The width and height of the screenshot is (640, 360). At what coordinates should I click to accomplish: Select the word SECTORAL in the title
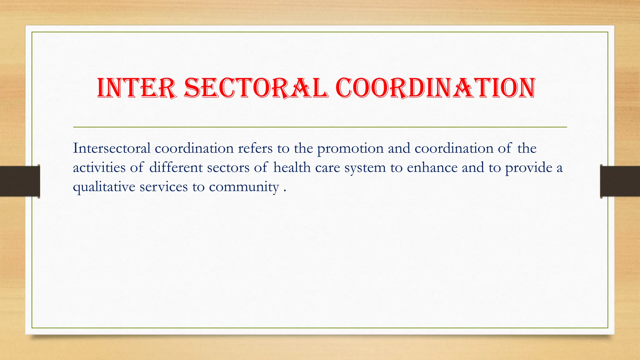[x=256, y=88]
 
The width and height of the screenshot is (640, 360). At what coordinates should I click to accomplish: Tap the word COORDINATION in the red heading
[x=436, y=88]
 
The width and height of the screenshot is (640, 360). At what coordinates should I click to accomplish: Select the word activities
[x=99, y=167]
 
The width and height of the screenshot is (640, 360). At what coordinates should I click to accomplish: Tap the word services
[x=164, y=187]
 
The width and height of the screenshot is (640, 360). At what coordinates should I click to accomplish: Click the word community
[x=244, y=187]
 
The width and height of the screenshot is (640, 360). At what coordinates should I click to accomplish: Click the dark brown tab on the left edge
[x=20, y=181]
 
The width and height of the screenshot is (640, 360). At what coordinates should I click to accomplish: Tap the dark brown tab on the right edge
[x=620, y=181]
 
